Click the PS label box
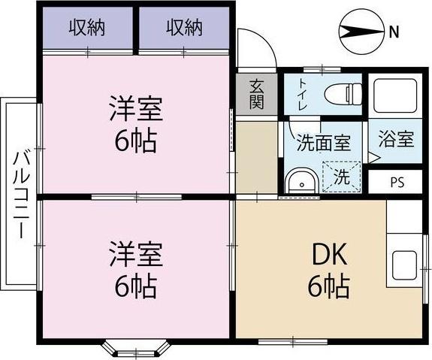(x=396, y=183)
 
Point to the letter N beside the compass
(x=393, y=31)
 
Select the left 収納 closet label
(x=87, y=29)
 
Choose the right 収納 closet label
(x=184, y=29)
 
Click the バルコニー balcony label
(x=20, y=193)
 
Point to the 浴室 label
(x=395, y=139)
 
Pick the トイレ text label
(x=302, y=95)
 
